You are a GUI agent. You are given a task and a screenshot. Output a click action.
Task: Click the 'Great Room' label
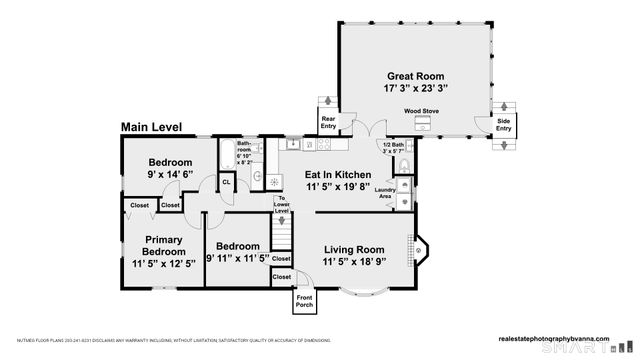[x=417, y=75]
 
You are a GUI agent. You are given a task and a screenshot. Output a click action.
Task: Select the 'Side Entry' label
[x=503, y=126]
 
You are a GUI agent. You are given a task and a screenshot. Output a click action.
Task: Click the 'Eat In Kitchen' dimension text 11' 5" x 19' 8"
[x=337, y=186]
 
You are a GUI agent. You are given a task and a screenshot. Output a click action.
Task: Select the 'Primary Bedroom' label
[x=162, y=246]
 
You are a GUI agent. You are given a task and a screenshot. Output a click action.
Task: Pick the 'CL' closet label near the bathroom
[x=227, y=183]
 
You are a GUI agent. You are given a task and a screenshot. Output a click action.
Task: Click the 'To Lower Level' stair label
[x=282, y=205]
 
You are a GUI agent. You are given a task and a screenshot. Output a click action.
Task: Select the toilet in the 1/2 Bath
[x=401, y=164]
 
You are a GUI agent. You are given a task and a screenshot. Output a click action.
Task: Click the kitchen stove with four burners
[x=323, y=145]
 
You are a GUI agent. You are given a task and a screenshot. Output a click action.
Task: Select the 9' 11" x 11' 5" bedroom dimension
[x=238, y=259]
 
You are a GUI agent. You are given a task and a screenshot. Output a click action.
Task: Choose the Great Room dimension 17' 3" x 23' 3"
[x=417, y=88]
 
